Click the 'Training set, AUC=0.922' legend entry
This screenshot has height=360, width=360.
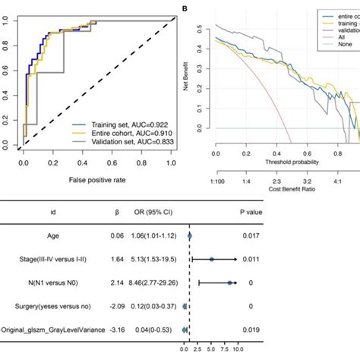[x=121, y=122]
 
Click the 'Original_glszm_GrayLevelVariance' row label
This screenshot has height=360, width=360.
[x=53, y=330]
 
